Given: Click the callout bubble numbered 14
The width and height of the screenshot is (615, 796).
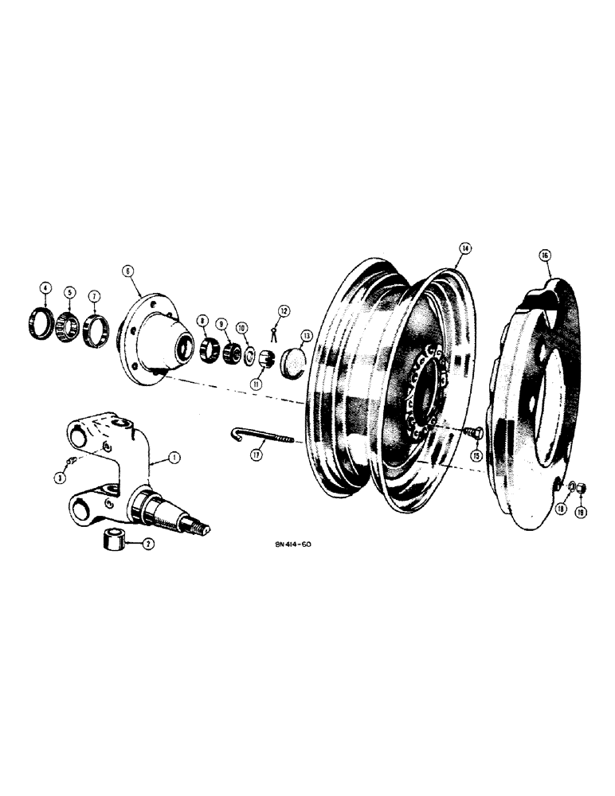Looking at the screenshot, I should [464, 249].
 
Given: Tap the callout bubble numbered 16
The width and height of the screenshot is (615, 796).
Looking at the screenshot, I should [545, 256].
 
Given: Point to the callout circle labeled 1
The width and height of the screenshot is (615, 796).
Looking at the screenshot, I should [174, 458].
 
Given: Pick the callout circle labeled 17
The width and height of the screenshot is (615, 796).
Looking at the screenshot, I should [256, 456].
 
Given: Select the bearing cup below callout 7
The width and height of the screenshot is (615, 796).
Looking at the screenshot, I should [95, 326].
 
